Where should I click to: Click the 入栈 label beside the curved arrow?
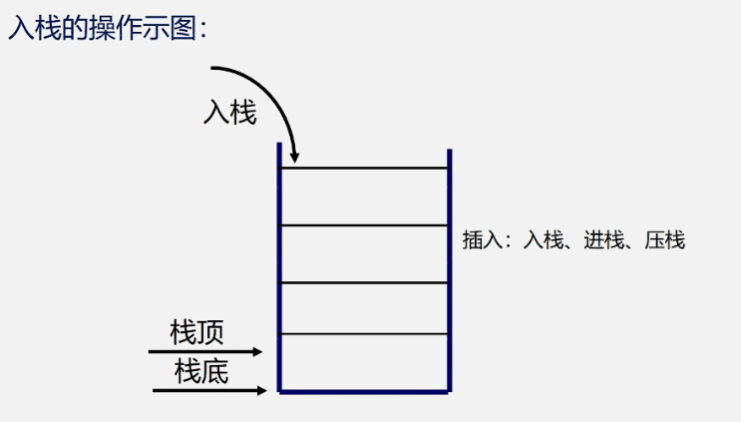pyautogui.click(x=230, y=113)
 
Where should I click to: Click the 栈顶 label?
pyautogui.click(x=197, y=331)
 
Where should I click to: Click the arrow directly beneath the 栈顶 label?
pyautogui.click(x=205, y=351)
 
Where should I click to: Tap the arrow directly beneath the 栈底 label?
pyautogui.click(x=210, y=390)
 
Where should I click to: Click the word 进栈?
pyautogui.click(x=604, y=240)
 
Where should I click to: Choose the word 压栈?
pyautogui.click(x=664, y=240)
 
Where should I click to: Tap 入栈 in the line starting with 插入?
pyautogui.click(x=545, y=240)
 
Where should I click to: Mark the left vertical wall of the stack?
pyautogui.click(x=280, y=269)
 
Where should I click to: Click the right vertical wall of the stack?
pyautogui.click(x=449, y=269)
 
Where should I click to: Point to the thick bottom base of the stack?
pyautogui.click(x=364, y=391)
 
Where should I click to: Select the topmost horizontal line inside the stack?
pyautogui.click(x=364, y=169)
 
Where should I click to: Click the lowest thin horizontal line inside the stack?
pyautogui.click(x=364, y=333)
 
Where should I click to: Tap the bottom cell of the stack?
pyautogui.click(x=364, y=361)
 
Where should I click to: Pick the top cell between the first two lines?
pyautogui.click(x=364, y=197)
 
